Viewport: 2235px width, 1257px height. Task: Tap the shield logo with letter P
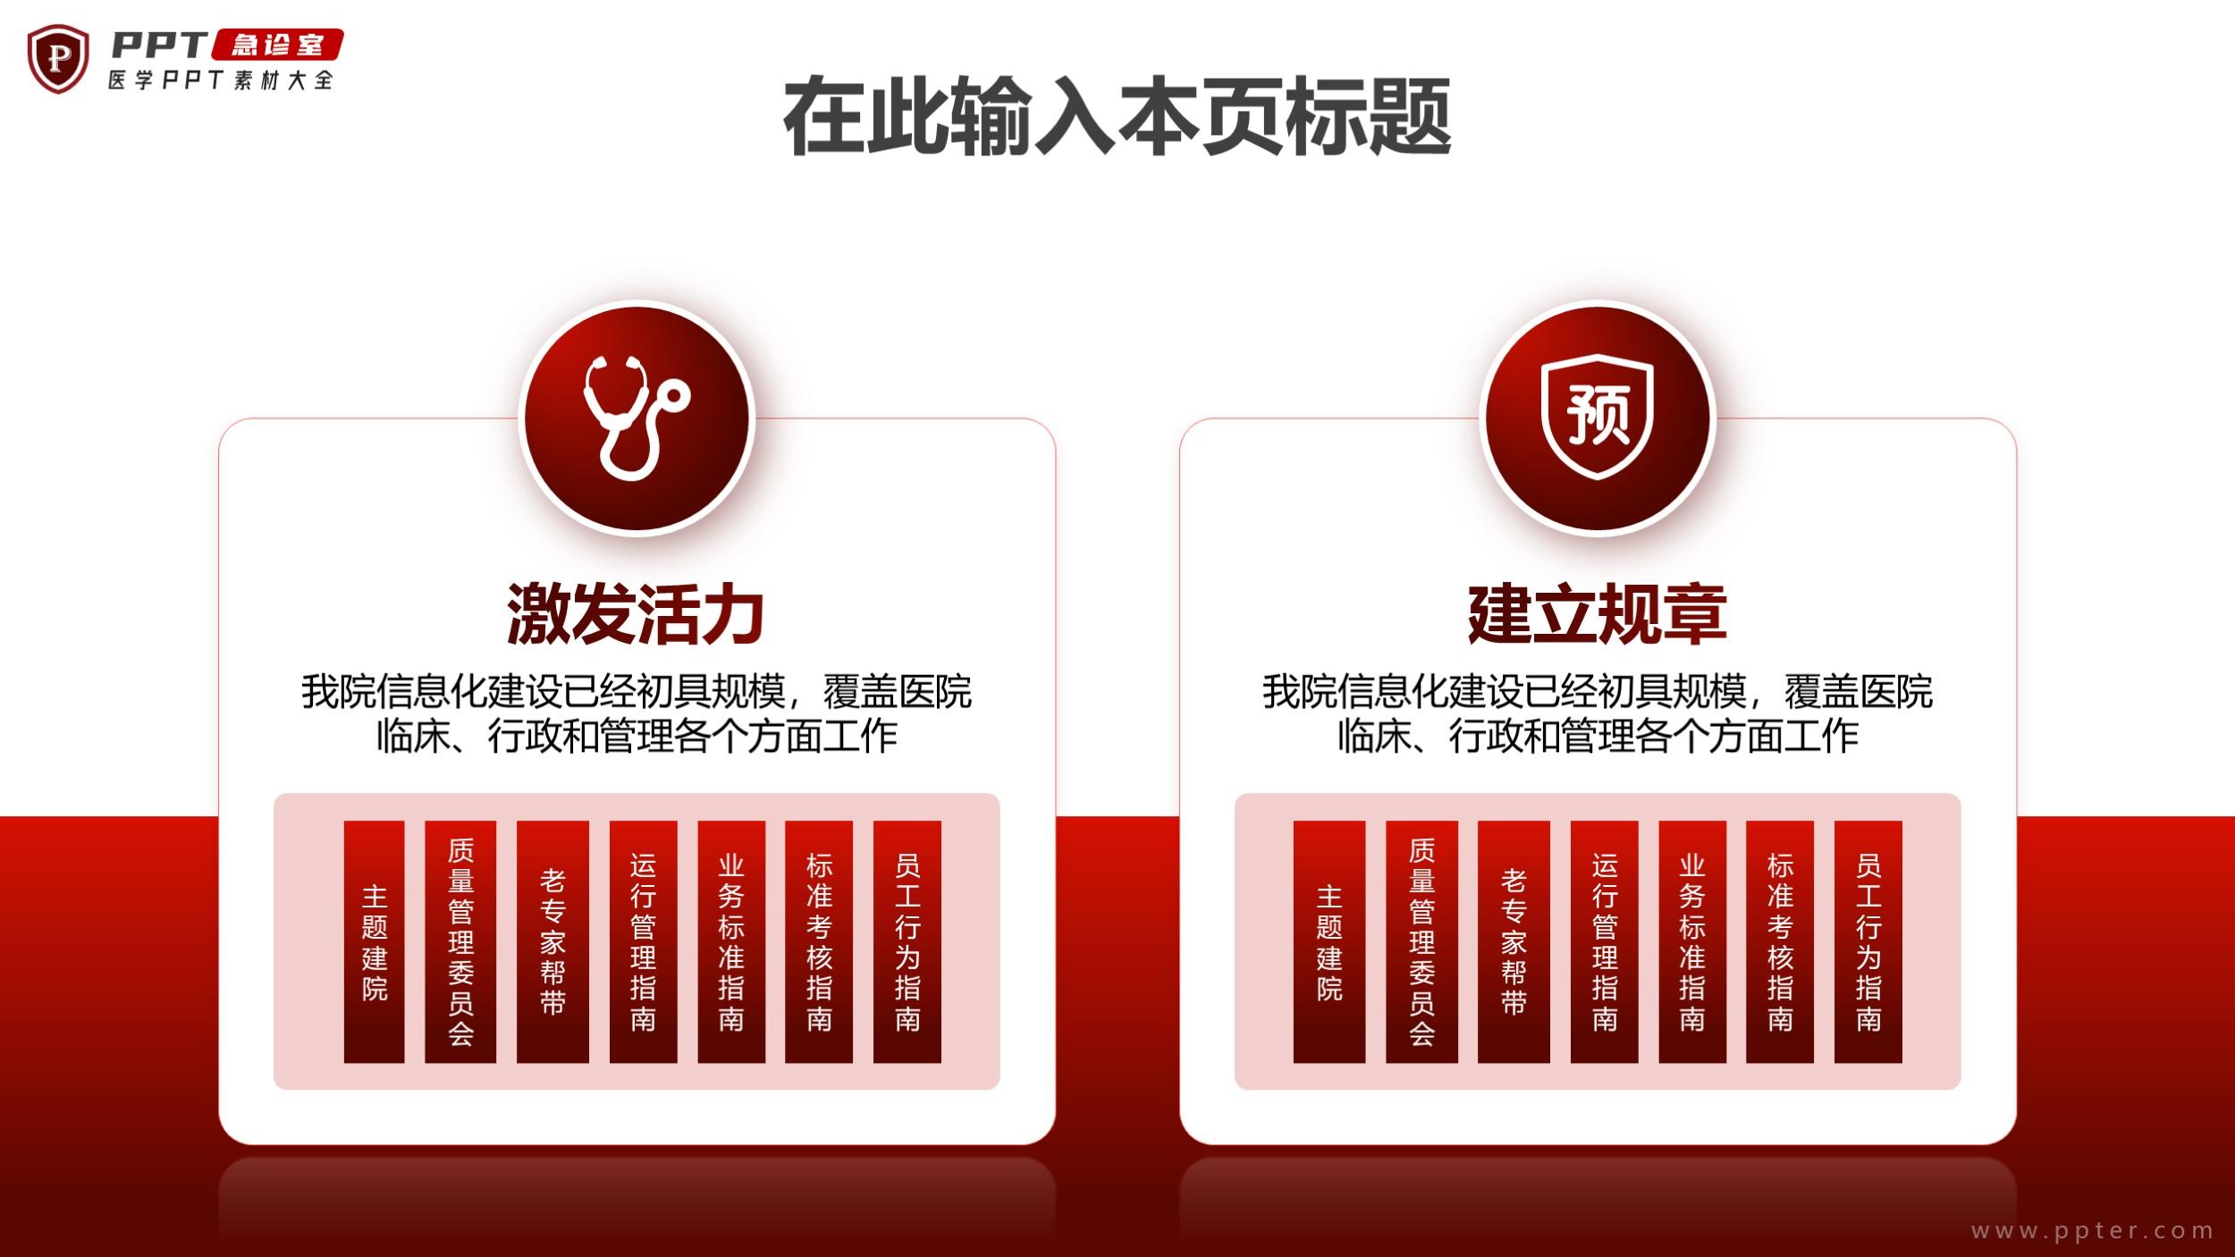click(x=58, y=59)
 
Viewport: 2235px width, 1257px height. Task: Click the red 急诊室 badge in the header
click(x=277, y=45)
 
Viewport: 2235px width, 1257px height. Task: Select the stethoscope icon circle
click(x=637, y=418)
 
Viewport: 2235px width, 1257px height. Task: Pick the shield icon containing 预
click(x=1598, y=417)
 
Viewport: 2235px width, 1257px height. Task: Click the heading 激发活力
click(x=636, y=614)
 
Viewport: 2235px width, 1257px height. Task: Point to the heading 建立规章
click(x=1597, y=614)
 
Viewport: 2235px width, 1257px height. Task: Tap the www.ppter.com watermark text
click(x=2092, y=1231)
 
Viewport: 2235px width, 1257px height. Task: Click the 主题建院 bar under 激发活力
click(x=374, y=941)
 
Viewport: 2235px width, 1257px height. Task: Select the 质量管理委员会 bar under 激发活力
click(x=460, y=941)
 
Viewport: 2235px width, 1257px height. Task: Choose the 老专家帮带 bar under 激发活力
click(x=552, y=941)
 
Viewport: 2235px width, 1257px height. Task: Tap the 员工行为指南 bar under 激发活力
click(x=907, y=941)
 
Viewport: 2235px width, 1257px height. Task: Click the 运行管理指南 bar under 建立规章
click(x=1605, y=941)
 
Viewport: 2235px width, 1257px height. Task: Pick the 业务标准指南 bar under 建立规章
click(x=1692, y=941)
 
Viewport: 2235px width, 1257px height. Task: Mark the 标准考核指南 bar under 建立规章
click(x=1780, y=941)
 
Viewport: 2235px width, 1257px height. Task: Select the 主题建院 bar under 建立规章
click(x=1329, y=941)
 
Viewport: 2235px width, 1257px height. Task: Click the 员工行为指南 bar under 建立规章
click(x=1868, y=941)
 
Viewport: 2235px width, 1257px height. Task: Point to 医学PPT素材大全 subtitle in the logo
click(x=221, y=80)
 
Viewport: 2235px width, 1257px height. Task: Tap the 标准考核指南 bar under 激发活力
click(x=819, y=941)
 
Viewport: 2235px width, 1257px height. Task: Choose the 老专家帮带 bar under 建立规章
click(x=1514, y=941)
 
